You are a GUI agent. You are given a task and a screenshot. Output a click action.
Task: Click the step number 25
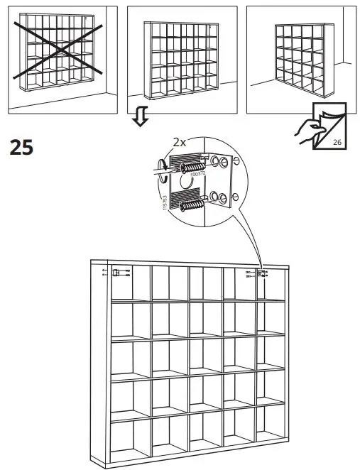point(21,148)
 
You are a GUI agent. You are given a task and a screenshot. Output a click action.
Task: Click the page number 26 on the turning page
point(336,143)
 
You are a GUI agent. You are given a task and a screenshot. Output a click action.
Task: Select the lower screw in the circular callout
point(192,205)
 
